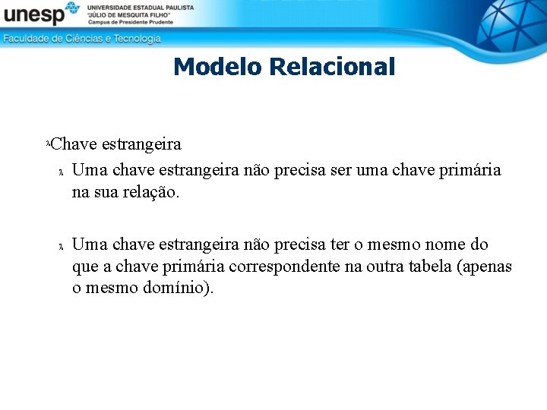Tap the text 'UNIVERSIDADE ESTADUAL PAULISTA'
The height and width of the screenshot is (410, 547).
[141, 7]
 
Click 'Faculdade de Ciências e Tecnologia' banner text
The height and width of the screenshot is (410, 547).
[82, 38]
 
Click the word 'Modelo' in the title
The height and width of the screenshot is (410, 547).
[217, 67]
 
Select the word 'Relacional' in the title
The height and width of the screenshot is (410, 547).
[333, 67]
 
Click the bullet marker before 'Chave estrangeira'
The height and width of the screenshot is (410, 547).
[49, 143]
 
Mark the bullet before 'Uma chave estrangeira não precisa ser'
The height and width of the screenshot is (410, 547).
[61, 172]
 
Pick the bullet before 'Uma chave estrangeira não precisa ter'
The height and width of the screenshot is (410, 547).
[61, 246]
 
